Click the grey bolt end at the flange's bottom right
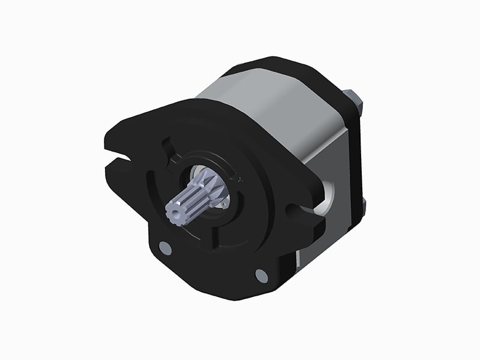click(261, 275)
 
